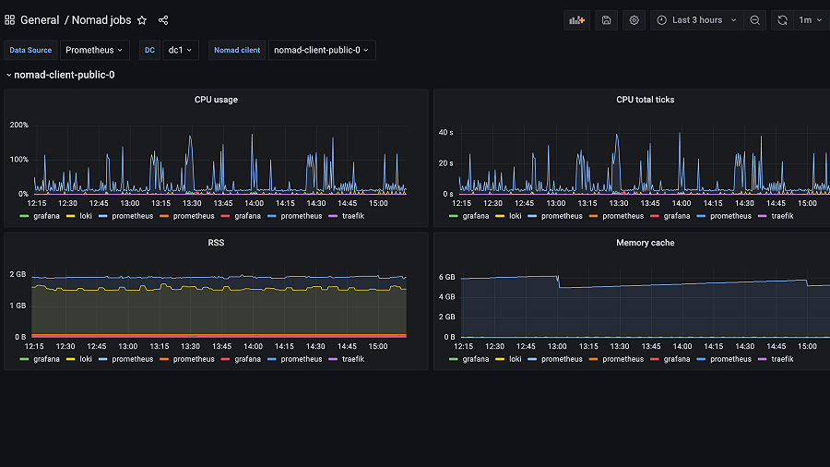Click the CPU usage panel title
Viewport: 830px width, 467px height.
[x=216, y=100]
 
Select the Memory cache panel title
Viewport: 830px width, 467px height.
[x=645, y=243]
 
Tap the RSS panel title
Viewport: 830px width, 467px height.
[x=216, y=243]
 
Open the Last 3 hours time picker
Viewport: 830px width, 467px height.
[x=696, y=20]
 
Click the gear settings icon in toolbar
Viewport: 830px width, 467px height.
[x=634, y=20]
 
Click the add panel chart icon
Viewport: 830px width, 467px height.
[x=577, y=20]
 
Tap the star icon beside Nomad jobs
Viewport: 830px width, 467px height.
[x=142, y=20]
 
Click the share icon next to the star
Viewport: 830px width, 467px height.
[x=163, y=20]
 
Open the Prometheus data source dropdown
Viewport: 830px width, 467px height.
[x=96, y=50]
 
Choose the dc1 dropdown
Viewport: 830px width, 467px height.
[x=180, y=50]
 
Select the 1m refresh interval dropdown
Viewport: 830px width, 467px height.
[x=810, y=20]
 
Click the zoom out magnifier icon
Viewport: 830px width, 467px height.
[x=755, y=20]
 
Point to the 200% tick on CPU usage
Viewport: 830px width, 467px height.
[x=19, y=125]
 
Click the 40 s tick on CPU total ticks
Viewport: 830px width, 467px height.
[x=446, y=133]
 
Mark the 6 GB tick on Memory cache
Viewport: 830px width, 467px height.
[x=447, y=277]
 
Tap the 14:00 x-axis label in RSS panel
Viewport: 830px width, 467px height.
[x=254, y=346]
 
